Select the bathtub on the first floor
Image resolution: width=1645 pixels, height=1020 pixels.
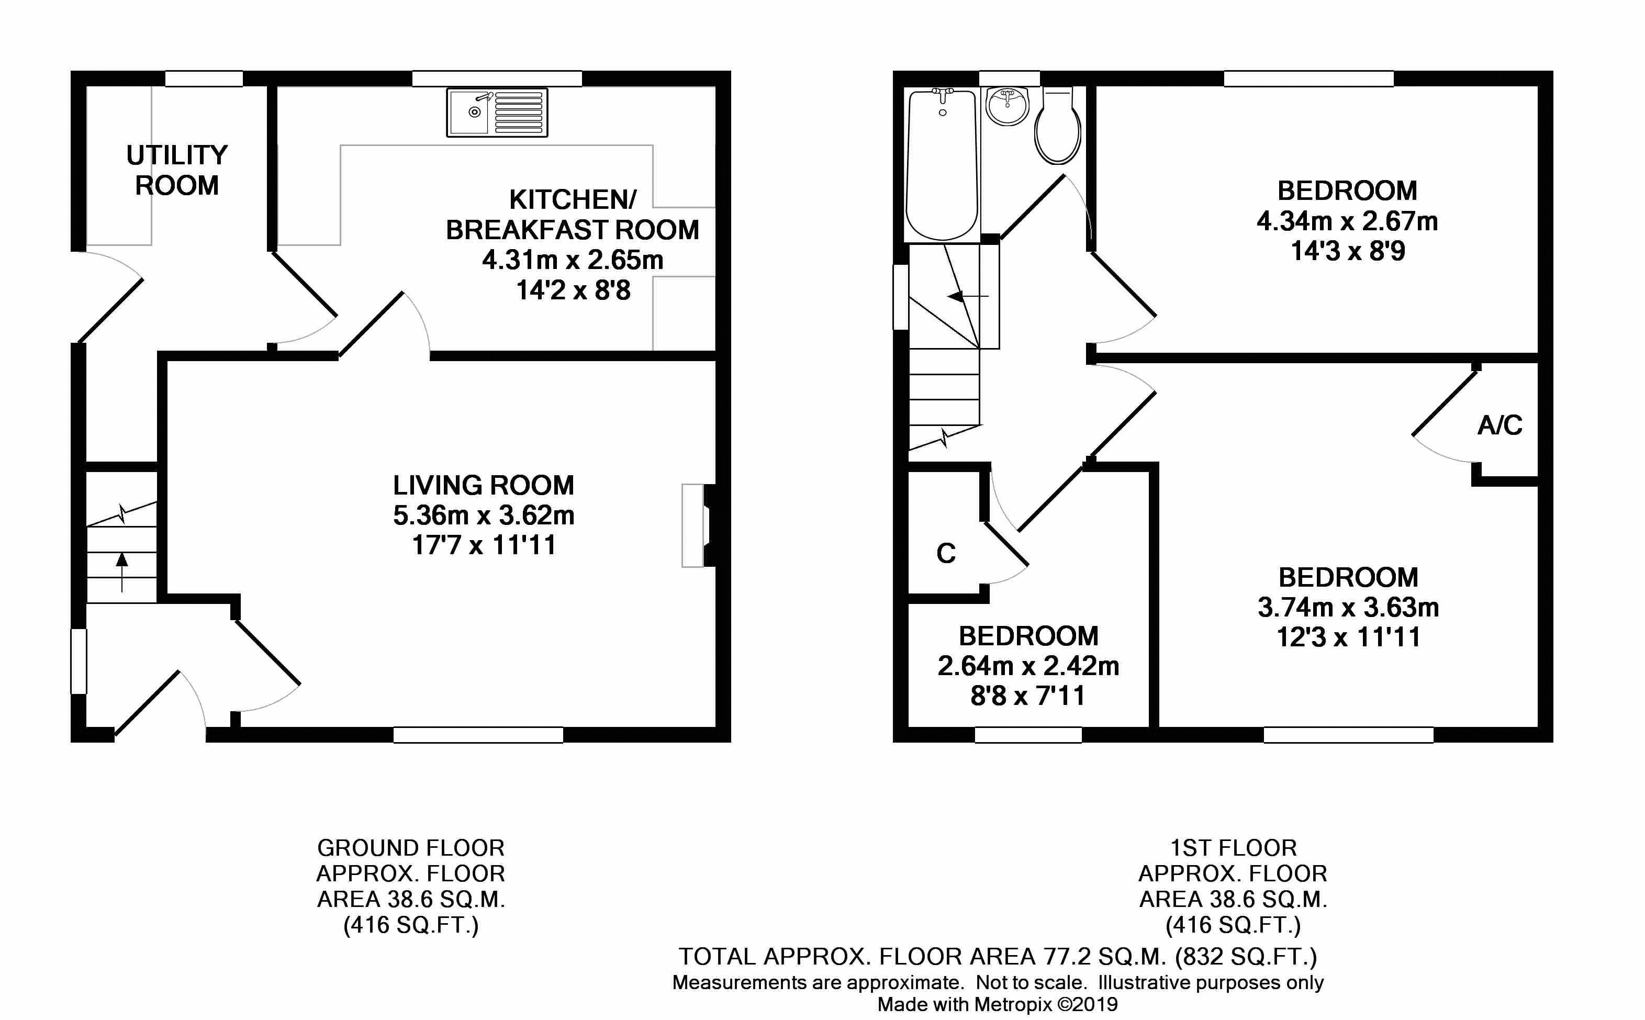tap(942, 165)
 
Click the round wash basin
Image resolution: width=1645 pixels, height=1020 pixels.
tap(1008, 106)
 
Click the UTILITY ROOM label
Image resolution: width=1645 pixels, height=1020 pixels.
tap(177, 170)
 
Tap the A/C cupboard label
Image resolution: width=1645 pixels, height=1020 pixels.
tap(1500, 425)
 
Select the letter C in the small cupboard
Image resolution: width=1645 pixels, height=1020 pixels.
tap(946, 553)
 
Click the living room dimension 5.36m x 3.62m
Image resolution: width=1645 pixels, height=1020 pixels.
tap(484, 515)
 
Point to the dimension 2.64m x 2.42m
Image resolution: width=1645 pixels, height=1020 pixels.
tap(1028, 666)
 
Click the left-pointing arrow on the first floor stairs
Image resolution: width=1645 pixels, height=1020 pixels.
tap(968, 296)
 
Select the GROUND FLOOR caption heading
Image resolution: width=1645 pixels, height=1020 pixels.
tap(411, 847)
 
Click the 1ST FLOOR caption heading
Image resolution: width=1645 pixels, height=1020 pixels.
tap(1233, 847)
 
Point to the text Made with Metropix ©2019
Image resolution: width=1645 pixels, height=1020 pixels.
tap(998, 1004)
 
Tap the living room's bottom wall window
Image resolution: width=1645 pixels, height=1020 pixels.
tap(478, 735)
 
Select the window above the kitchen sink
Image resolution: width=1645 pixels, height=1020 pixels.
tap(497, 79)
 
